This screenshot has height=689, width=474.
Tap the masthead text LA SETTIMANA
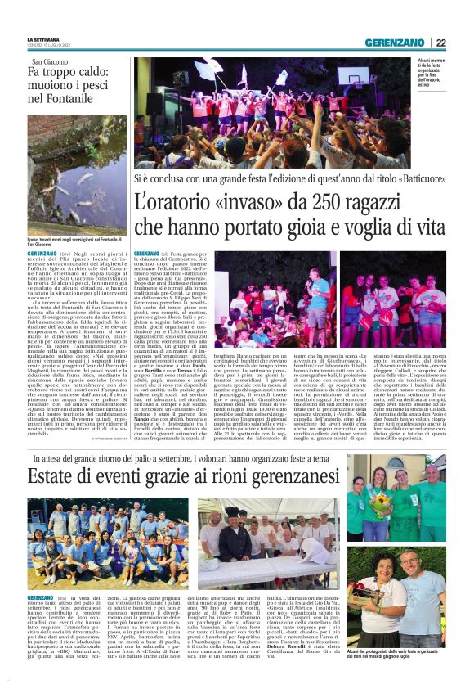(44, 39)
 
